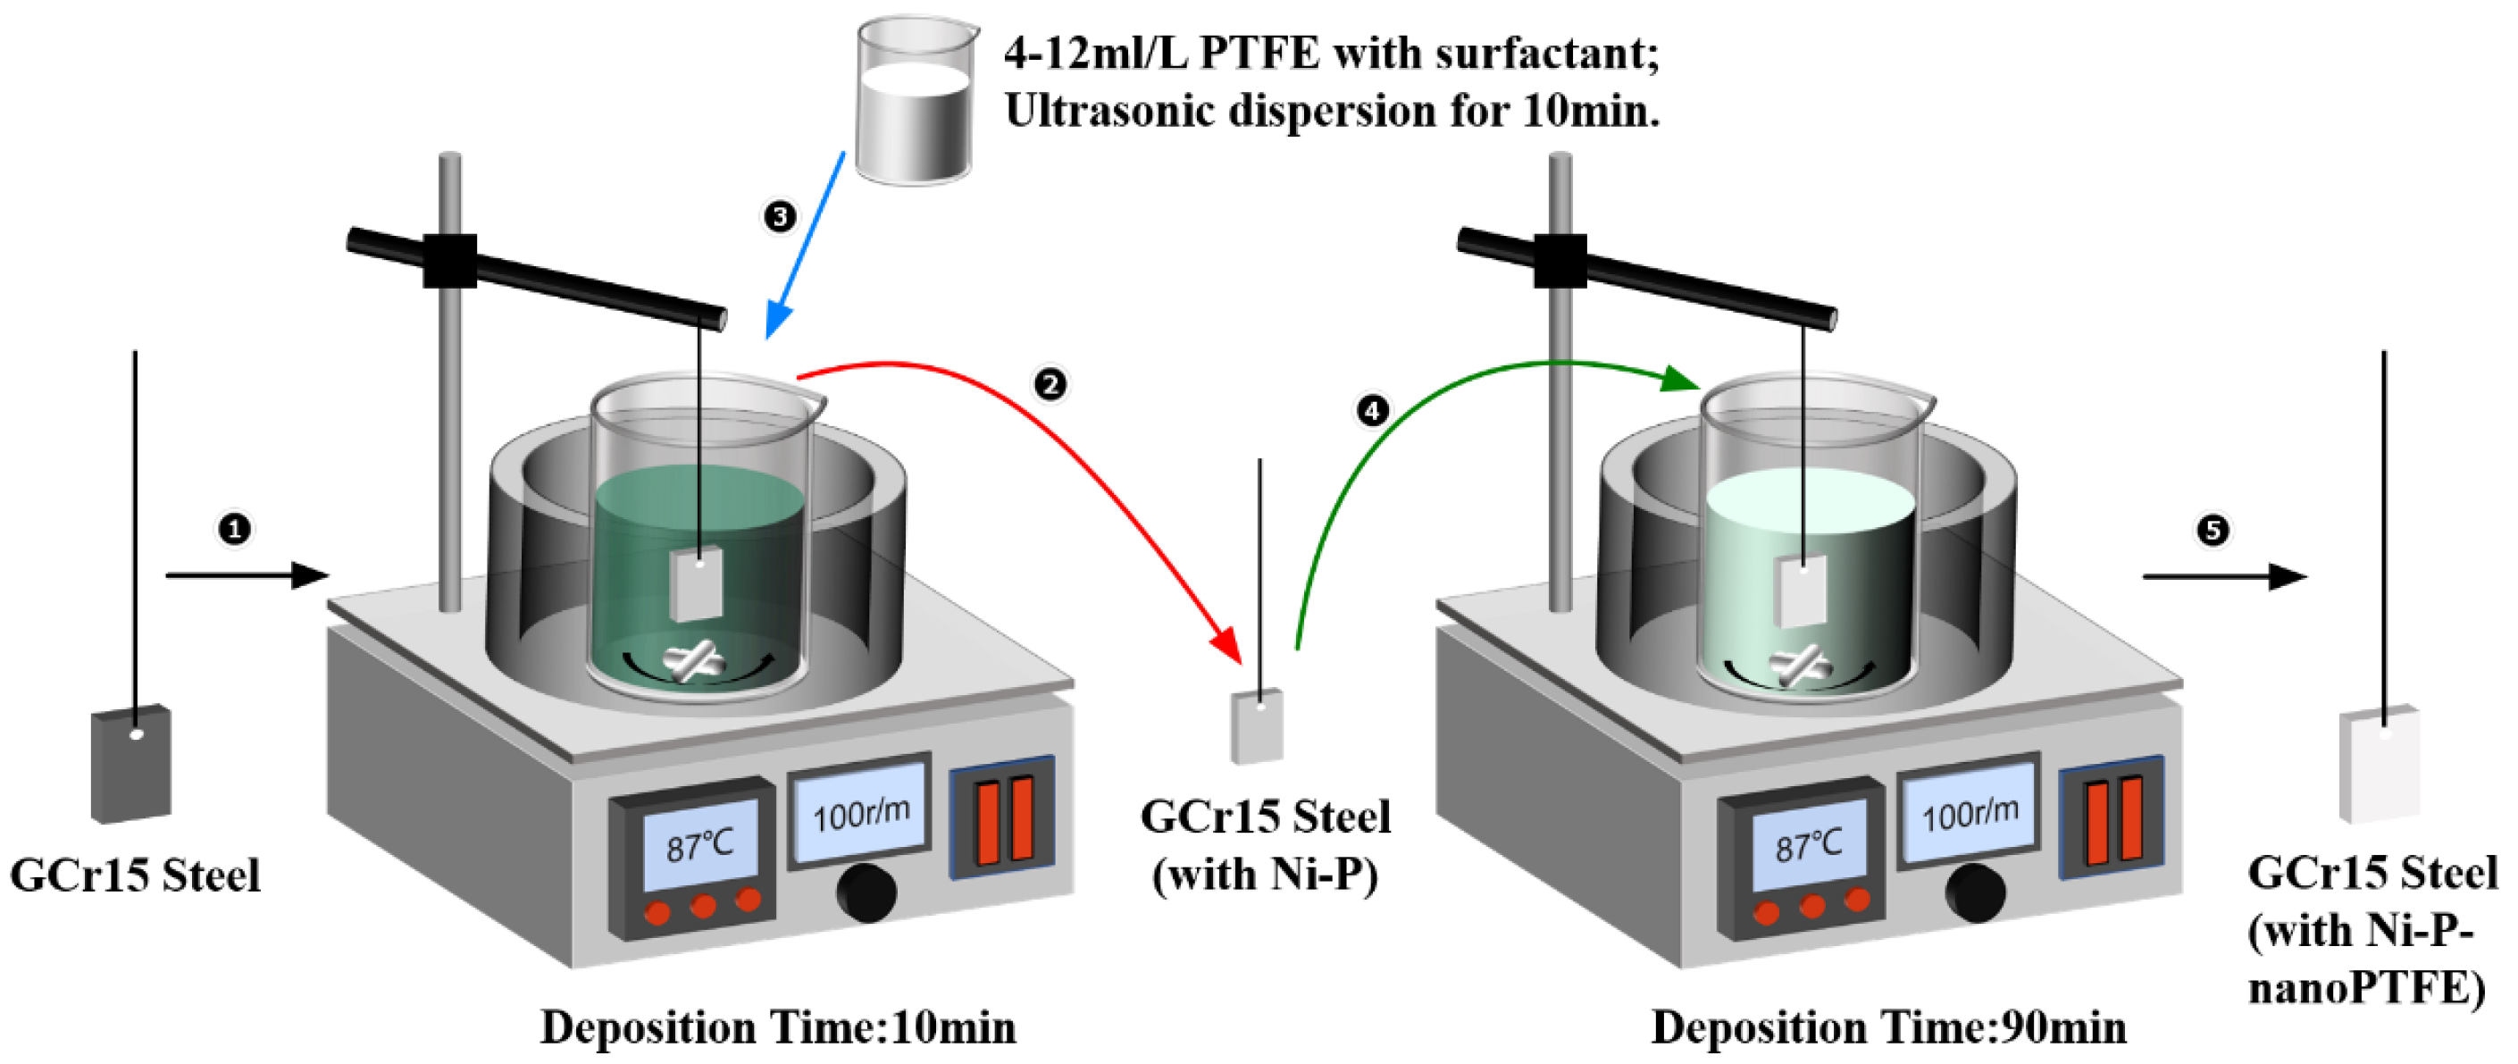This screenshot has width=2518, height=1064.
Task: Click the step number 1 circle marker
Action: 234,529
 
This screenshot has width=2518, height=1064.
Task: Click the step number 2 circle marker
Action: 1050,383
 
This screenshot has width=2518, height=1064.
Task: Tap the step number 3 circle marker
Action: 779,216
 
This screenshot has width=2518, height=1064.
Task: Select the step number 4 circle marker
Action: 1372,411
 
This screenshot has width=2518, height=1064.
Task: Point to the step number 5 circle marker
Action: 2213,530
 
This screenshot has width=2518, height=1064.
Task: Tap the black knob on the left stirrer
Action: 866,892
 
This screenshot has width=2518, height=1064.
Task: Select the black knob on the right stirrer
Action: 1976,892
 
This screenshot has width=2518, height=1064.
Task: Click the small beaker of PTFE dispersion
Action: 914,103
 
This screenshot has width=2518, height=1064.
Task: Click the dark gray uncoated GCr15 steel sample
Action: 131,765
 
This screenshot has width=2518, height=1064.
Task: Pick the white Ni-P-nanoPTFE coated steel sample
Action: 2379,765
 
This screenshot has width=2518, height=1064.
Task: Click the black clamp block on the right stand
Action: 1560,260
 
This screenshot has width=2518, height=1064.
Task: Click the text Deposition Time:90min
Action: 1888,1027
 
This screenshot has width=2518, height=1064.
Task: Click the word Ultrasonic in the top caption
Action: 1108,111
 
